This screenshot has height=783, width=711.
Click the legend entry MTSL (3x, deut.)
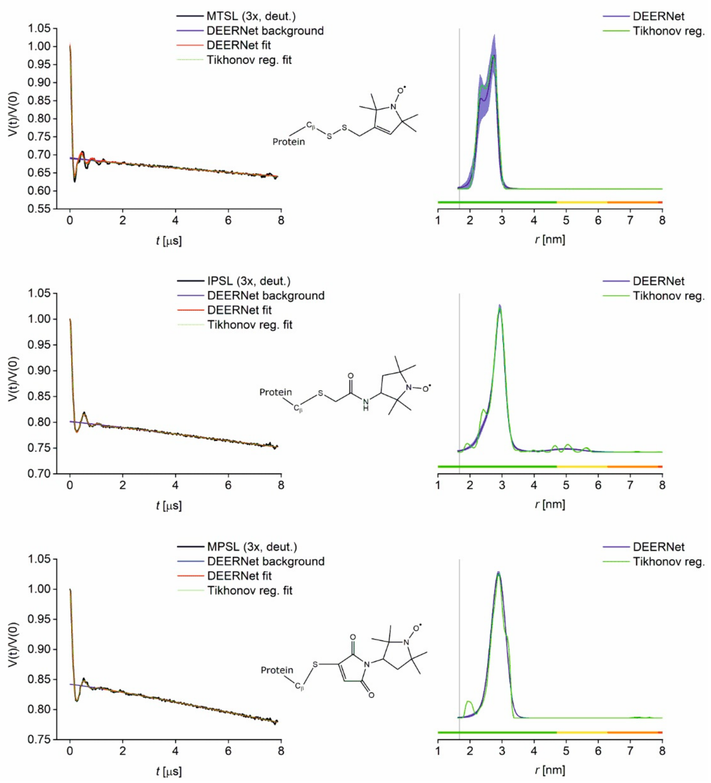point(251,16)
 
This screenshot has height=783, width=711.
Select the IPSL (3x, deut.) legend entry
point(249,281)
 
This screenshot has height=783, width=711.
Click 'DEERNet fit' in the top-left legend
point(239,45)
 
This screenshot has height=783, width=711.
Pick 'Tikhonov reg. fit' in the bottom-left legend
point(249,591)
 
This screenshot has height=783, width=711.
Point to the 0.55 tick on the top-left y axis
point(39,209)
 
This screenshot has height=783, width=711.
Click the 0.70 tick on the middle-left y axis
point(39,474)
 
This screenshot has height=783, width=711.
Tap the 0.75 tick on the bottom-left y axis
point(39,739)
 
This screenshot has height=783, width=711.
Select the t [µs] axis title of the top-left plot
point(169,241)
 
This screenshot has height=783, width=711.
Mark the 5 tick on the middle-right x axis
point(566,485)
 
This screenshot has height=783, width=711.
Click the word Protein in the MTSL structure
point(288,142)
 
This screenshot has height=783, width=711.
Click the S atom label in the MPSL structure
point(315,664)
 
